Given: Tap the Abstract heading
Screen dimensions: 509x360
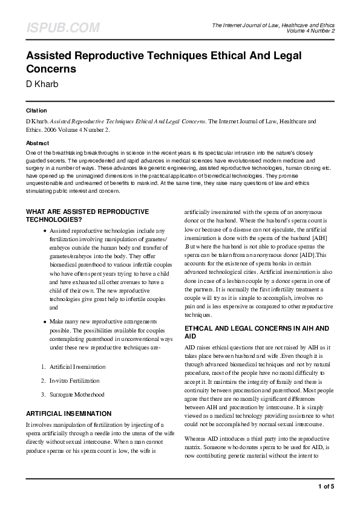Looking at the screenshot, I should point(38,143).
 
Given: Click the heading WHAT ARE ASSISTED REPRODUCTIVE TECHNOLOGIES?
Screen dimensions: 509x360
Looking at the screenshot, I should point(87,216).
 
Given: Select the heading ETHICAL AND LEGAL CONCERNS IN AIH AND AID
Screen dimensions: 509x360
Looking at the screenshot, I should point(257,332).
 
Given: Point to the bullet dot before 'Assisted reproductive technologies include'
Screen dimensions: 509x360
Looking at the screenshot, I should point(45,232).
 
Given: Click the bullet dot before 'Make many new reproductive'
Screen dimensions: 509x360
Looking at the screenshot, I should point(45,321).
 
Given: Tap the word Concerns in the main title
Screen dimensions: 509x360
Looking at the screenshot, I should point(51,69).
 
